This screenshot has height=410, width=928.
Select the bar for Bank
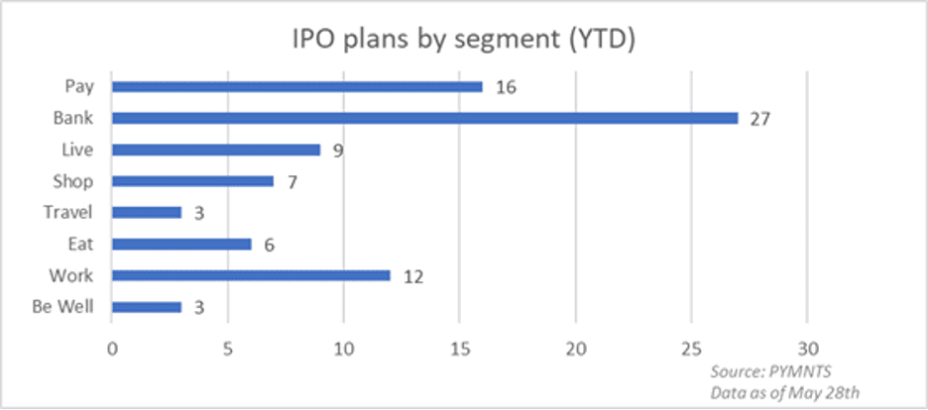pyautogui.click(x=424, y=118)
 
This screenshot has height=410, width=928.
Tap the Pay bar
pyautogui.click(x=296, y=86)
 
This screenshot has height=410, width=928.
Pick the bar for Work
pyautogui.click(x=251, y=275)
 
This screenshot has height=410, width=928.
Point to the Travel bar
pyautogui.click(x=147, y=212)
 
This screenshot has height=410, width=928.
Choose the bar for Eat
pyautogui.click(x=181, y=244)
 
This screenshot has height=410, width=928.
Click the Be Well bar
pyautogui.click(x=147, y=307)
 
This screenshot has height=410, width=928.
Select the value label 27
pyautogui.click(x=760, y=119)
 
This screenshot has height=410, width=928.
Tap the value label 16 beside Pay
pyautogui.click(x=505, y=87)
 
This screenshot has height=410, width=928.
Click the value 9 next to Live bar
pyautogui.click(x=337, y=151)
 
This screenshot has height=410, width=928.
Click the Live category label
pyautogui.click(x=78, y=150)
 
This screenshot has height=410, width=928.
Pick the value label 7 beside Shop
pyautogui.click(x=290, y=182)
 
